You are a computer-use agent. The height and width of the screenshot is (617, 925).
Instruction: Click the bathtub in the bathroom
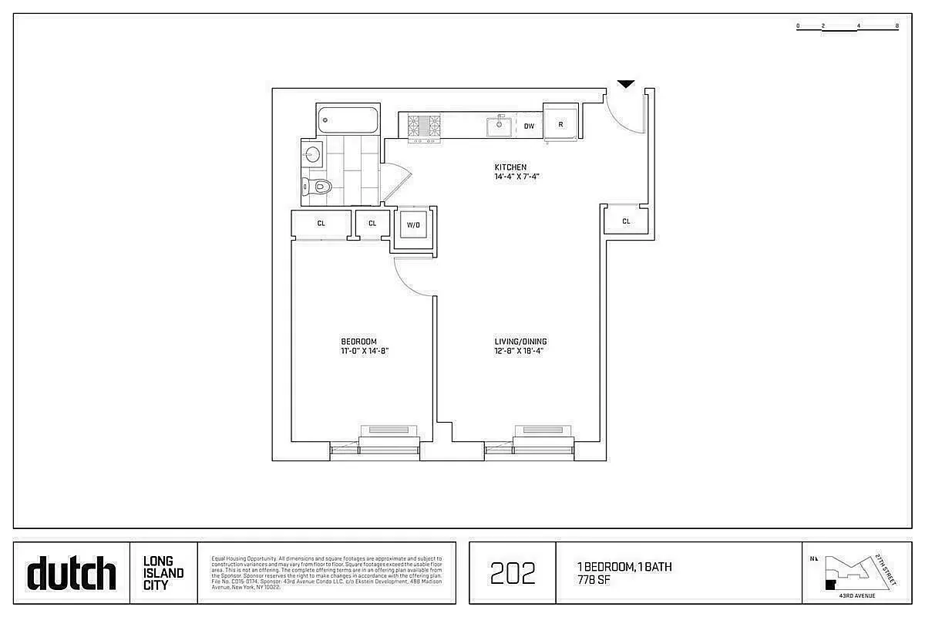[348, 120]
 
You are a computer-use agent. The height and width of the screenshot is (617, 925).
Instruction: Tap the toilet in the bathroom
[317, 185]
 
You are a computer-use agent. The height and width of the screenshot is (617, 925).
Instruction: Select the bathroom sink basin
[311, 154]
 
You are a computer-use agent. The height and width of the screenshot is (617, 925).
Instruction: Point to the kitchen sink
[499, 124]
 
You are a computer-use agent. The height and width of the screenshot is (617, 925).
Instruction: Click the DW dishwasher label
[529, 126]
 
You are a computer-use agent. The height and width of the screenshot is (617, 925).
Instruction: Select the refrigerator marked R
[560, 124]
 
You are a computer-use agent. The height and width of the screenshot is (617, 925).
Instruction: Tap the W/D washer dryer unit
[413, 226]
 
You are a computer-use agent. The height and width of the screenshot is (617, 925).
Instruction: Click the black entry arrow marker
[626, 83]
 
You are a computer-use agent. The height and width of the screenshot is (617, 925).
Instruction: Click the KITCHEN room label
[510, 167]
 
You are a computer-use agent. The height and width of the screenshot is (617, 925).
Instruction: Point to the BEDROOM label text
[358, 342]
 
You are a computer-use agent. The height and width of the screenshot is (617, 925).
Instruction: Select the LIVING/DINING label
[521, 342]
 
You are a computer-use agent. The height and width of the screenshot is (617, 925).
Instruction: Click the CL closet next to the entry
[626, 221]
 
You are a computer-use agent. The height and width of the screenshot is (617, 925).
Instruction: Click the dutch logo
[72, 573]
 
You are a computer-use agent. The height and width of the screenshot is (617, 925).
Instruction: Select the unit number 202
[513, 574]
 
